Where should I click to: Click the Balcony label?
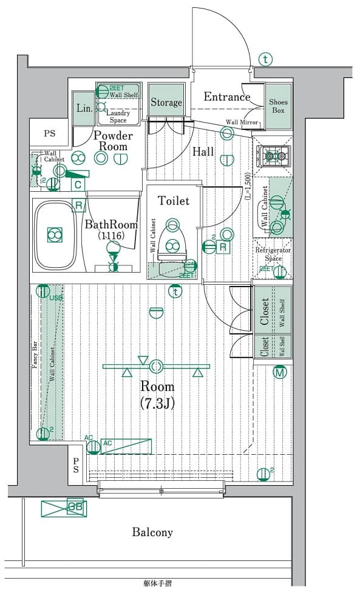[x=152, y=532]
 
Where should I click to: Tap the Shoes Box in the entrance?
[x=278, y=106]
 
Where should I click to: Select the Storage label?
[x=166, y=103]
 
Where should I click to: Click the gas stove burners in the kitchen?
[x=273, y=157]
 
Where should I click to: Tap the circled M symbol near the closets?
[x=279, y=372]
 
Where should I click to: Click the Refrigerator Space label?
[x=273, y=254]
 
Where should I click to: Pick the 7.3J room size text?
[x=157, y=403]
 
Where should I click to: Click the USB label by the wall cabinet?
[x=56, y=297]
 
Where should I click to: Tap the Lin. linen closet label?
[x=84, y=108]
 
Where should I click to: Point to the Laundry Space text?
[x=118, y=117]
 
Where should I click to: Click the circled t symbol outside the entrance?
[x=265, y=59]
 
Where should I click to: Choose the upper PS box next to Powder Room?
[x=49, y=134]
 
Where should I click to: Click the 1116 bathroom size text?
[x=111, y=236]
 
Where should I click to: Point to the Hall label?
[x=203, y=151]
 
